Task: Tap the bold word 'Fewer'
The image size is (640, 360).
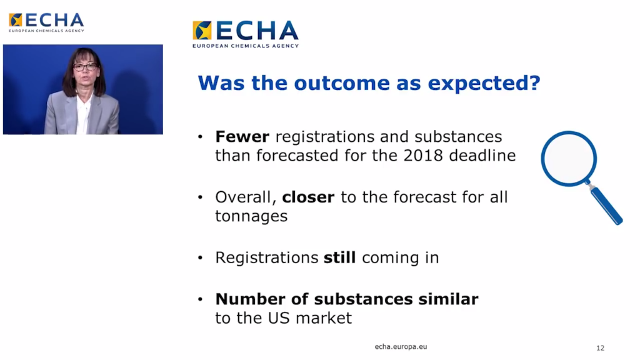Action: coord(242,136)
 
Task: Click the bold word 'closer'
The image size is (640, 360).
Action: coord(308,197)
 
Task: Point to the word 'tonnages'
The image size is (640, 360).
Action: coord(251,216)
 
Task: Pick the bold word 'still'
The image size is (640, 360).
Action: coord(339,257)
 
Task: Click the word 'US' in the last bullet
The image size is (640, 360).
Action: coord(279,318)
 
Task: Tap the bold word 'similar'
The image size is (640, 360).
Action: coord(448,299)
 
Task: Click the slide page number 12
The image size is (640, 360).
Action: coord(600,348)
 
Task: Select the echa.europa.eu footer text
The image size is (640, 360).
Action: coord(401,346)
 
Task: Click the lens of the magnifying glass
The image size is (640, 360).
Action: coord(569,159)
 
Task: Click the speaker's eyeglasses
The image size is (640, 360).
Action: coord(85,67)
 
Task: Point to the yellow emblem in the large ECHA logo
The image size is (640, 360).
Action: coord(202,31)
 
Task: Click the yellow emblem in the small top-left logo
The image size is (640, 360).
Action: coord(16,19)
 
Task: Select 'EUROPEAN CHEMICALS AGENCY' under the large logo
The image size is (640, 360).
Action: coord(246,46)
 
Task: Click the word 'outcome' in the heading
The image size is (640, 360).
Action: coord(342,83)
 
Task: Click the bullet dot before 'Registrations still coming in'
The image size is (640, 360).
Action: coord(200,257)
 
